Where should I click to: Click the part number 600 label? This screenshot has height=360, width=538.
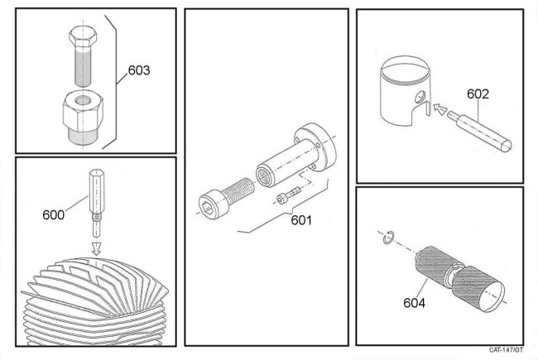tap(53, 214)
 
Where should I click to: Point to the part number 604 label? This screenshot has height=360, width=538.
tap(416, 302)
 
